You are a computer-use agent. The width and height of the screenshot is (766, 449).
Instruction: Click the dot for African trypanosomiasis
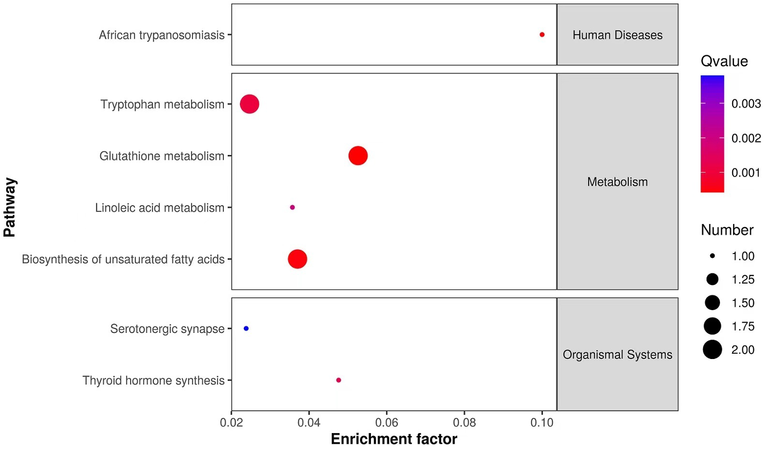(542, 35)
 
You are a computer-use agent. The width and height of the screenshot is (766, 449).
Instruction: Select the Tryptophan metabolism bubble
(250, 104)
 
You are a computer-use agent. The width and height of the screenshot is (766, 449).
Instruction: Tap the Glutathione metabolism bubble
(358, 156)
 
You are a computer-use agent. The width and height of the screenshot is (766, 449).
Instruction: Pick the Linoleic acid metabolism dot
(292, 208)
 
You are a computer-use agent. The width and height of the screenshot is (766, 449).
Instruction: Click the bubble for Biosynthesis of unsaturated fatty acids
(297, 259)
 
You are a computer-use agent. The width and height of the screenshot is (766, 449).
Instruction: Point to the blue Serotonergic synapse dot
(246, 329)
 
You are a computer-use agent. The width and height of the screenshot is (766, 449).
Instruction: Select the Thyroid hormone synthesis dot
(339, 380)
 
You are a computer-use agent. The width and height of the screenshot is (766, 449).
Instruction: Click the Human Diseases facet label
(617, 35)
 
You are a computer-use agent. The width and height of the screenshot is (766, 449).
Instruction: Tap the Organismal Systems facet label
(617, 355)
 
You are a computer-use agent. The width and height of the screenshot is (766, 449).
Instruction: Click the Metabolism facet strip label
(617, 182)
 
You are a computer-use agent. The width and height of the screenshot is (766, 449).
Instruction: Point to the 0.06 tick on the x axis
(386, 422)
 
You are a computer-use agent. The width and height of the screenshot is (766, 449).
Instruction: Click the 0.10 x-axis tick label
(542, 422)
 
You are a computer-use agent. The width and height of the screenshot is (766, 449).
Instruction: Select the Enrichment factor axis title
(394, 439)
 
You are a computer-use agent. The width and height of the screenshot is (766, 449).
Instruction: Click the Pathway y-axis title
(10, 207)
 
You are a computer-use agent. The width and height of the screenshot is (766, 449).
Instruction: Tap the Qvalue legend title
(724, 61)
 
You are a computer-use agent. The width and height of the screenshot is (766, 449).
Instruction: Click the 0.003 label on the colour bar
(746, 104)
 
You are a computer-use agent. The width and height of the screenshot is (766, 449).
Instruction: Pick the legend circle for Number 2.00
(712, 349)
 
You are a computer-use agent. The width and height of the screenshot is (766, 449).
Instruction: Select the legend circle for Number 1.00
(712, 256)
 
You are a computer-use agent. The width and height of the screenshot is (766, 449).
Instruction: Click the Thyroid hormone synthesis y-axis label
(153, 380)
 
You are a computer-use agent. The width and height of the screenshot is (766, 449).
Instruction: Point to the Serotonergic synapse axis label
(167, 329)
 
